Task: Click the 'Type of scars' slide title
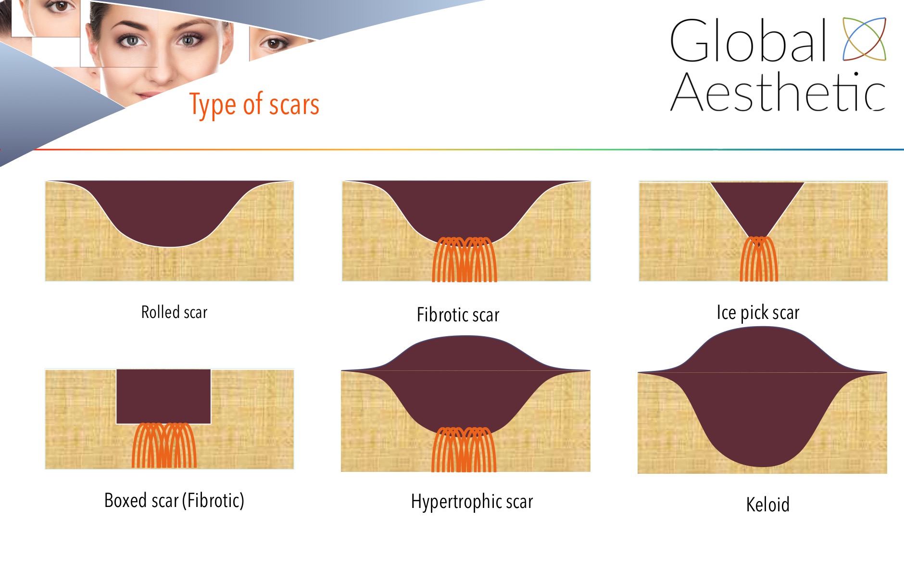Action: point(254,104)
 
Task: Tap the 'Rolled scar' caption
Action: point(174,312)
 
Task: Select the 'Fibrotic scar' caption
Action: point(458,315)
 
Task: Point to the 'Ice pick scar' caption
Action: point(758,313)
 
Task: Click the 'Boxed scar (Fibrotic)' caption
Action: point(174,500)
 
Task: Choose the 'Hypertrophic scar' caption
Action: point(472,502)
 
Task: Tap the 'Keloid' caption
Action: point(767,505)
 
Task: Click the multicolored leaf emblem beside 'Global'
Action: point(864,39)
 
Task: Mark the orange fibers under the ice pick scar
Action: point(759,259)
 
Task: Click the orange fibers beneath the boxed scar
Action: point(164,445)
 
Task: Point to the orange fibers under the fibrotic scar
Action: point(465,259)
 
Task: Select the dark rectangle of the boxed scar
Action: point(163,396)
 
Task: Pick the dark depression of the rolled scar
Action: point(170,209)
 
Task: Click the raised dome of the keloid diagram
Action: point(762,351)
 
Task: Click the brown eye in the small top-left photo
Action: point(60,6)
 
